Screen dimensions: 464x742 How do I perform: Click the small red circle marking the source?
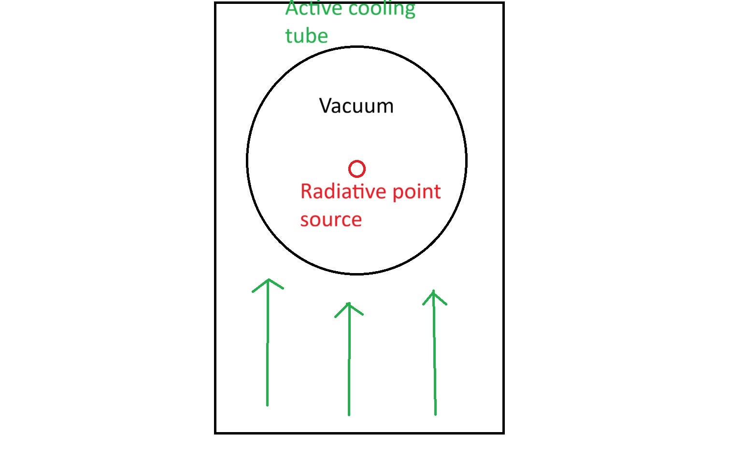(x=357, y=169)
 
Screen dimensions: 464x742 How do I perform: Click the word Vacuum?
(x=357, y=106)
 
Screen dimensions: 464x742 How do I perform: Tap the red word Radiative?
(x=343, y=191)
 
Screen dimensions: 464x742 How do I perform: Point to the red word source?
(x=331, y=220)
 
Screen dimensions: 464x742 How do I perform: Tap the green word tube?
(x=306, y=36)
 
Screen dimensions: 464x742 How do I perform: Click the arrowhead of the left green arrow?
(x=268, y=280)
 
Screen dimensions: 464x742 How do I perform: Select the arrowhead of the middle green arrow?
(x=348, y=304)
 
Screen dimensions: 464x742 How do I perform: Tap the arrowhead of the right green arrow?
(x=434, y=292)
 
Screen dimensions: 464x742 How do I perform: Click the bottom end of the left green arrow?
(x=267, y=405)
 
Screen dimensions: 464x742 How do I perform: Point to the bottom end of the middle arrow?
(x=349, y=414)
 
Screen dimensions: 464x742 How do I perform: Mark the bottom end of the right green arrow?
(x=435, y=414)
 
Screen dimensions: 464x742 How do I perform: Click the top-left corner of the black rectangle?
(x=215, y=3)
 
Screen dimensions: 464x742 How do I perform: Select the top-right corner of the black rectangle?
(x=504, y=3)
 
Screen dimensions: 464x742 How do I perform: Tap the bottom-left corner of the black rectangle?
(x=215, y=433)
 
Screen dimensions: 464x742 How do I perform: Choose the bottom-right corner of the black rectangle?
(x=504, y=433)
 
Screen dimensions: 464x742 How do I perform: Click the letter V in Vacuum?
(x=326, y=106)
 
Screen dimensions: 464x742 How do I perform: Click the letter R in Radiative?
(x=306, y=191)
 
